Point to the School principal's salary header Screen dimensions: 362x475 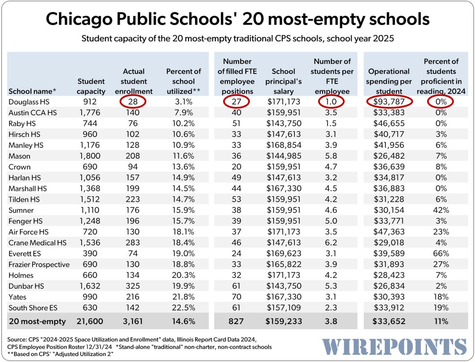[284, 81]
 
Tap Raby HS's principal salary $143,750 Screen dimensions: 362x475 [284, 123]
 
